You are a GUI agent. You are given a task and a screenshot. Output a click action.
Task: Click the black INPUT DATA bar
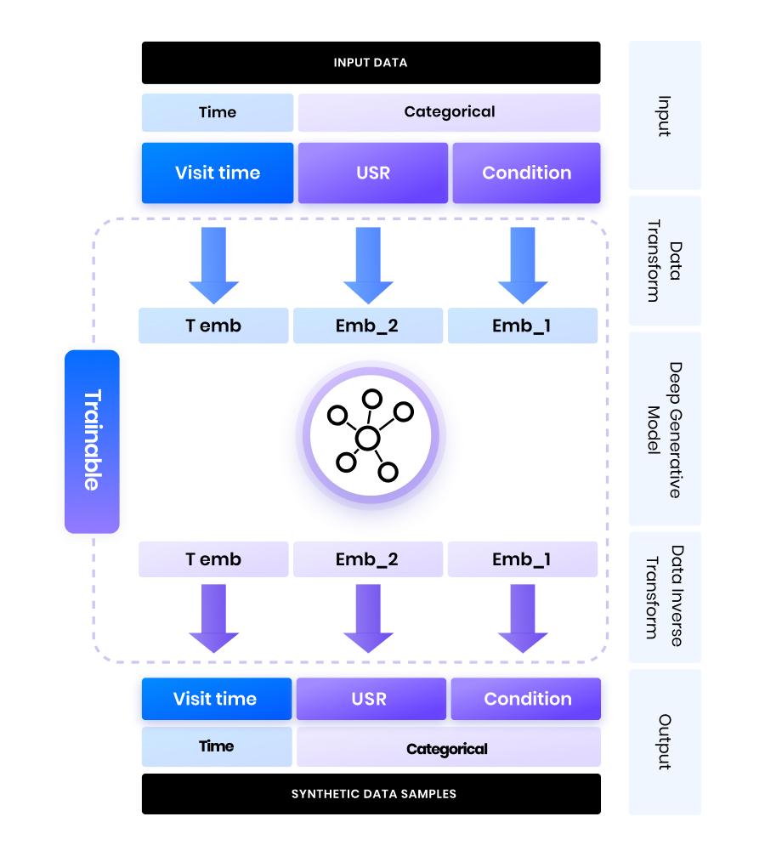click(x=371, y=63)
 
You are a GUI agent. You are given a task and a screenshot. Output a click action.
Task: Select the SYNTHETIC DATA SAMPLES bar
click(x=371, y=794)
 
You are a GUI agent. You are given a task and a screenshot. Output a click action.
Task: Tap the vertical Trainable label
click(x=92, y=441)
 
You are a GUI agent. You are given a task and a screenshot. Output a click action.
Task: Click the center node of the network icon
click(x=367, y=439)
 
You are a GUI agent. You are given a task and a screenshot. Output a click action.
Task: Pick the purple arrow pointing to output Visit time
click(x=213, y=617)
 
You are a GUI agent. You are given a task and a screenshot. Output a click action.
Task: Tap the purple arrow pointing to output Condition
click(x=522, y=617)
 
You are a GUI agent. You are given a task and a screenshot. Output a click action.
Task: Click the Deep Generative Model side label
click(x=665, y=429)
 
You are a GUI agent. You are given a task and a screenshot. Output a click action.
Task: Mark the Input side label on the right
click(x=665, y=116)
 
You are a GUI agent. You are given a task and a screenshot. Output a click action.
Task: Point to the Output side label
click(x=665, y=741)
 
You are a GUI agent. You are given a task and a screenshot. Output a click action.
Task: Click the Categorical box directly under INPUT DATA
click(x=449, y=112)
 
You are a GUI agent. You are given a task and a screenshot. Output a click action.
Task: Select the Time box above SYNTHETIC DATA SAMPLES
click(x=217, y=746)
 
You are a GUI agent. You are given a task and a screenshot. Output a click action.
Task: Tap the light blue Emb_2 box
click(x=368, y=326)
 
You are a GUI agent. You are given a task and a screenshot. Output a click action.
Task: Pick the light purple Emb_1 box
click(x=522, y=560)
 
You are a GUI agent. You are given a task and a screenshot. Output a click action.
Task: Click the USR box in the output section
click(x=370, y=699)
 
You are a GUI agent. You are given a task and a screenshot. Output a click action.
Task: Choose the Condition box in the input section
click(x=526, y=173)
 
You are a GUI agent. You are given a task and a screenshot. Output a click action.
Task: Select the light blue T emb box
click(x=213, y=326)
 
